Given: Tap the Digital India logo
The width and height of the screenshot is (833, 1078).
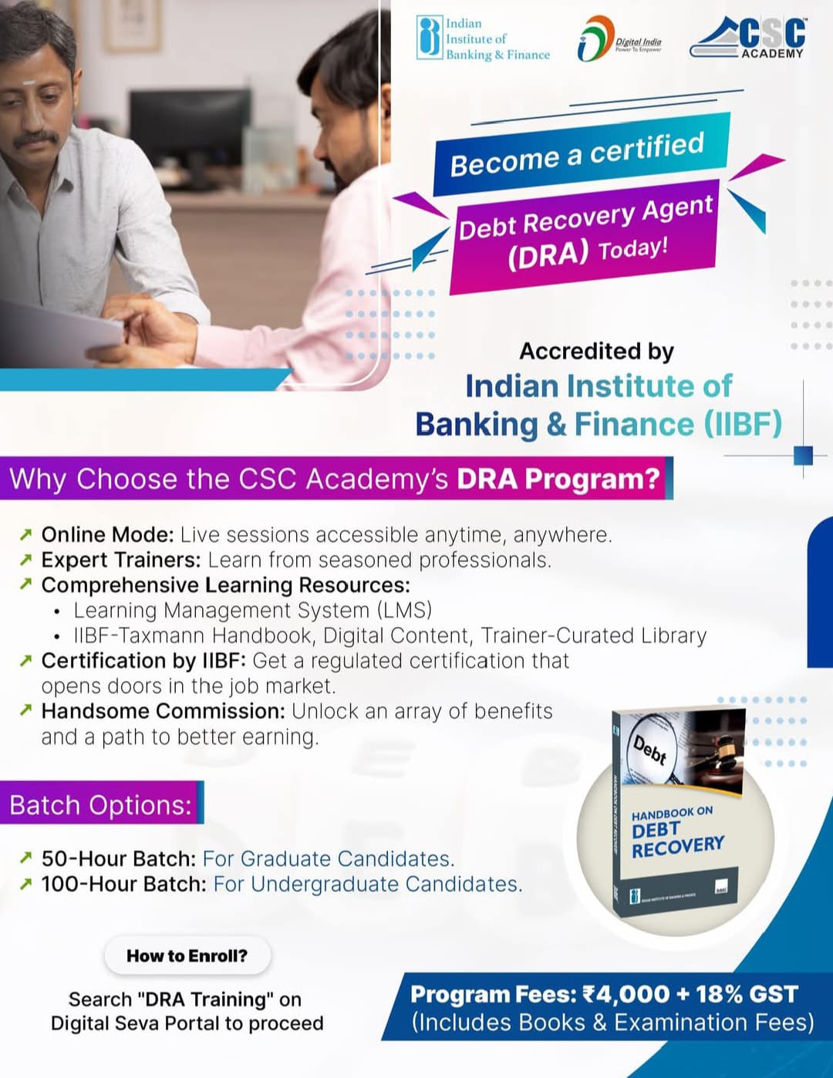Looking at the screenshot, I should click(x=619, y=39).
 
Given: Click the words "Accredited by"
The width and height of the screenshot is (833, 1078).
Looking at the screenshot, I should click(x=596, y=351).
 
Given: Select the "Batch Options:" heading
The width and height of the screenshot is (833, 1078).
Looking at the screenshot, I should click(x=100, y=804).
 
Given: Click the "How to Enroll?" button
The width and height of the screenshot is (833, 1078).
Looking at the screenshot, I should click(x=187, y=955).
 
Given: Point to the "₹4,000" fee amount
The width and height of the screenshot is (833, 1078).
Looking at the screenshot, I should click(x=626, y=994).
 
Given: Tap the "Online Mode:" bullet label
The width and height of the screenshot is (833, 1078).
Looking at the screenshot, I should click(x=107, y=534).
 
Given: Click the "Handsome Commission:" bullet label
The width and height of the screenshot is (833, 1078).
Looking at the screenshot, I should click(x=163, y=711).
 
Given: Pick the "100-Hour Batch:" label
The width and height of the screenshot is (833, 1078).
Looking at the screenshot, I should click(x=123, y=884).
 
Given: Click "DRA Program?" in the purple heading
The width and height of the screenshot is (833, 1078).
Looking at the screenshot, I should click(x=558, y=479).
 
